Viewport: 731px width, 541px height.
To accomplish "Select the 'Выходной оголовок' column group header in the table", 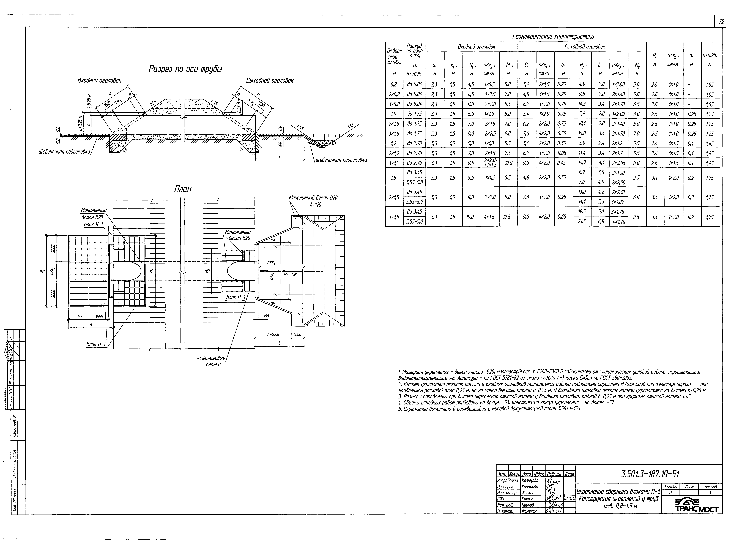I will click(x=585, y=47).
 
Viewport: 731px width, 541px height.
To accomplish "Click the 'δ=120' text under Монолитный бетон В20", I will click(x=313, y=205).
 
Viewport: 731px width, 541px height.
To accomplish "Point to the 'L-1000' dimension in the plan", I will click(x=273, y=335).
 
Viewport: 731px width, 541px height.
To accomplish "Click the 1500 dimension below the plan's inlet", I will click(x=99, y=317).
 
